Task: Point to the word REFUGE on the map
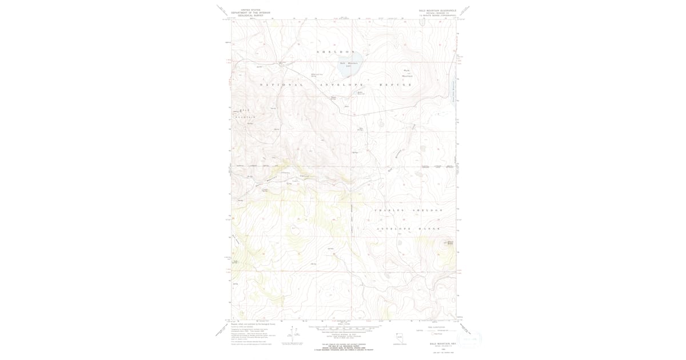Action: (396, 85)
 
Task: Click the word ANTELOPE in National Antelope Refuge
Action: (339, 85)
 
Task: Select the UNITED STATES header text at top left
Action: (250, 10)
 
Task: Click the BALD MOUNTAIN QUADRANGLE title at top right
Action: (437, 10)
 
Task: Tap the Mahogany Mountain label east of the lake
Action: (407, 73)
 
